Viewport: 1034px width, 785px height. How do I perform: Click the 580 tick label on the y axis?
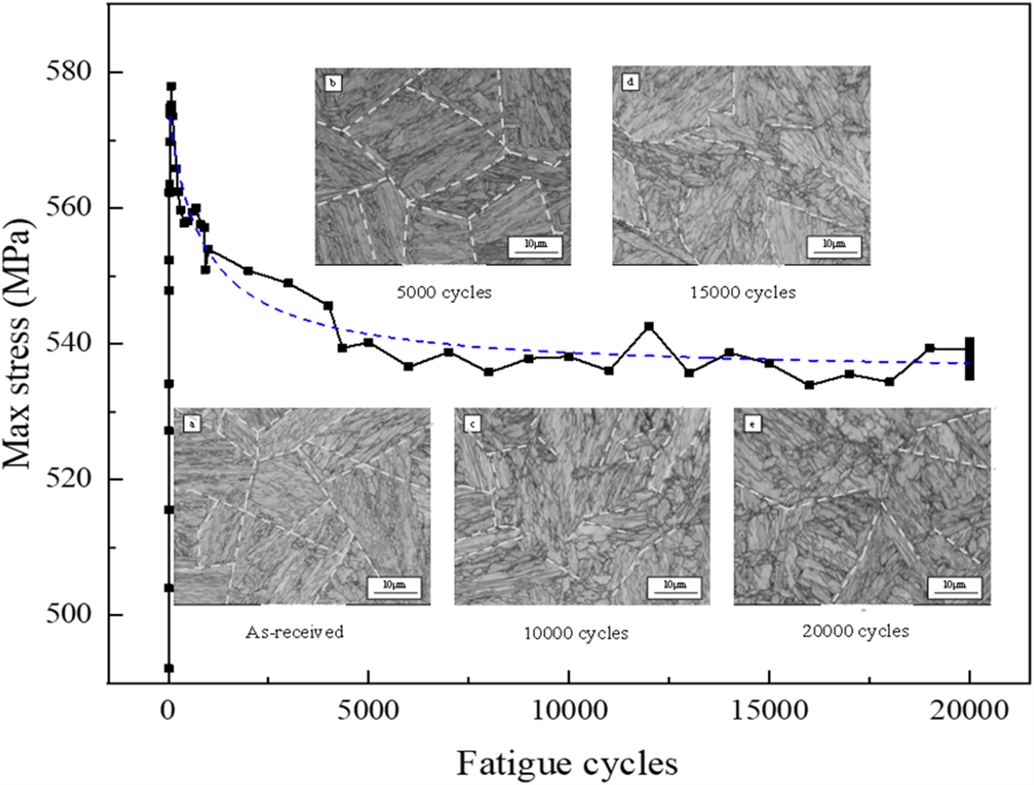click(x=68, y=71)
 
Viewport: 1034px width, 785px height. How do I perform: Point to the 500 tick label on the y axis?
click(x=68, y=614)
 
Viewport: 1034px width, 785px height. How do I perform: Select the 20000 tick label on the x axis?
click(x=969, y=711)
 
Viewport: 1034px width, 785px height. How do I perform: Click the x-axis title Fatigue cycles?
click(x=567, y=764)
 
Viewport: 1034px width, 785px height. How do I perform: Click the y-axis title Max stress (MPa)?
click(x=18, y=343)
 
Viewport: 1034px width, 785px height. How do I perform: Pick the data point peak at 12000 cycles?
click(x=649, y=327)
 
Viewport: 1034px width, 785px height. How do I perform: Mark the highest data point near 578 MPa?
click(x=171, y=87)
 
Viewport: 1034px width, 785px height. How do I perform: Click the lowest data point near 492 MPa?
click(x=169, y=668)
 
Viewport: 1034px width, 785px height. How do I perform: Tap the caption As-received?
click(x=295, y=632)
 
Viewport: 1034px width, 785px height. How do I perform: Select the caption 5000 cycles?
click(x=443, y=292)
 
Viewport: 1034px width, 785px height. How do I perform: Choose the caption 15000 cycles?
click(x=742, y=292)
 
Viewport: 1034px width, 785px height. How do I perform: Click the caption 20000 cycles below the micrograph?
click(x=856, y=631)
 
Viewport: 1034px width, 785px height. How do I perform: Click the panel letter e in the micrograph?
click(x=753, y=423)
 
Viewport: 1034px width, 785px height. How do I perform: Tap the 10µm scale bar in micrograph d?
click(x=833, y=246)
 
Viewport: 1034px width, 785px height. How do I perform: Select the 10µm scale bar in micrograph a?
click(x=394, y=587)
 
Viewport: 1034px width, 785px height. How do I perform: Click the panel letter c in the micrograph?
click(x=473, y=423)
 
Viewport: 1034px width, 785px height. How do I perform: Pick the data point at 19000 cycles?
click(x=929, y=348)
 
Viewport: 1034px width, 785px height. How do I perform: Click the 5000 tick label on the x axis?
click(x=368, y=711)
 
